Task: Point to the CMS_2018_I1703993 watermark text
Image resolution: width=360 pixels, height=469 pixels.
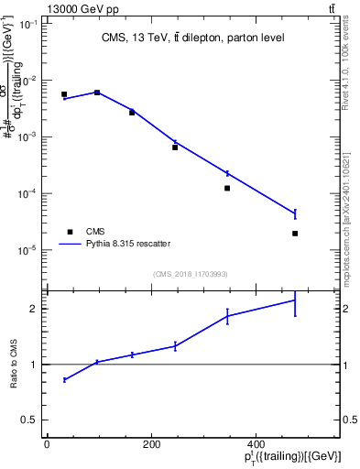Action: tap(191, 273)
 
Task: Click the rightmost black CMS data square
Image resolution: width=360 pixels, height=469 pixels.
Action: tap(295, 234)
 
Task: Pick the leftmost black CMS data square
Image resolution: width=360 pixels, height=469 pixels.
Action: tap(64, 94)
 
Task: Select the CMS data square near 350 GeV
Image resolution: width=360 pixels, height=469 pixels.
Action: tap(227, 188)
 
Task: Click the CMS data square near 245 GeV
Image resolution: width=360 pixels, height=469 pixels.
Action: tap(175, 147)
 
